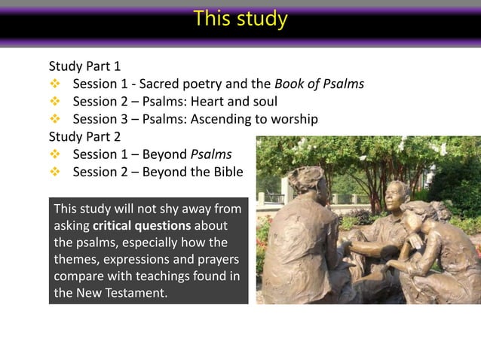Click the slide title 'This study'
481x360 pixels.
pyautogui.click(x=240, y=18)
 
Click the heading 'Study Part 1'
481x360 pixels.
pyautogui.click(x=84, y=66)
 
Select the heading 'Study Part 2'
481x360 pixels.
pyautogui.click(x=84, y=137)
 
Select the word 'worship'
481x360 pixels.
pyautogui.click(x=294, y=119)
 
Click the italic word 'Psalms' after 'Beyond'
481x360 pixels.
pyautogui.click(x=211, y=155)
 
